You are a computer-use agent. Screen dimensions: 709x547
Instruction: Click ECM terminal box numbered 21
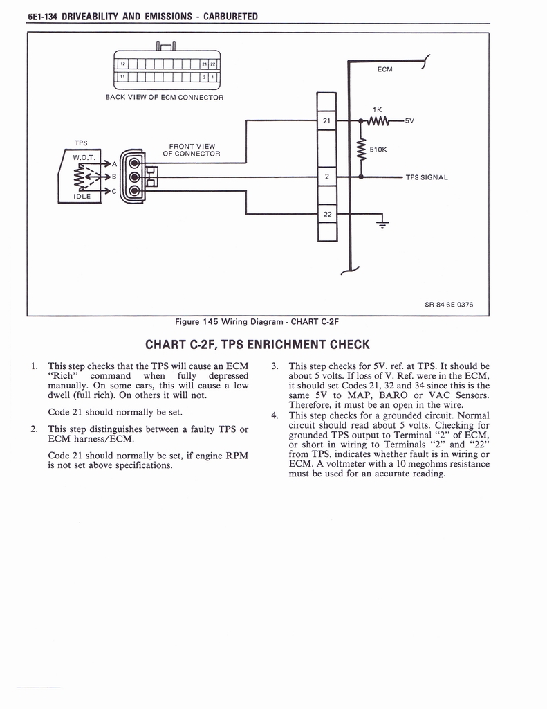click(x=326, y=121)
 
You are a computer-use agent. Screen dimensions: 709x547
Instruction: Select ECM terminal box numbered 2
click(x=326, y=177)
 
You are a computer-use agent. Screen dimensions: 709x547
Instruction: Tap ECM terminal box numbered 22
click(x=326, y=214)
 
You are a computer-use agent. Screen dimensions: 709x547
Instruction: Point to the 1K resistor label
click(x=378, y=109)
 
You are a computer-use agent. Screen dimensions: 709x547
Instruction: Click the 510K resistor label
click(x=378, y=149)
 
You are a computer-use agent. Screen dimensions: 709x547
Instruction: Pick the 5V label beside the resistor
click(x=409, y=121)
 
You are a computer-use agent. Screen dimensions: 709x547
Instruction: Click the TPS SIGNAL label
click(x=427, y=177)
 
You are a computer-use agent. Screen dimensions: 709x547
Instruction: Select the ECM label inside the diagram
click(x=385, y=69)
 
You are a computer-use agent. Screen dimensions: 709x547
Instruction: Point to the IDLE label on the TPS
click(x=82, y=197)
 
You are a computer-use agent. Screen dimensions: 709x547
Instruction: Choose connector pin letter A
click(x=114, y=164)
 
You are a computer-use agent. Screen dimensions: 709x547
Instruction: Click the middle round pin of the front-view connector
click(x=133, y=177)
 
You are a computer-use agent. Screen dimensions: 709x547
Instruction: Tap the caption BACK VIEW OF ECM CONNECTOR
click(x=165, y=98)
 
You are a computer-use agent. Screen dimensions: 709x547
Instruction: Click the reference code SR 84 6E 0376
click(x=449, y=305)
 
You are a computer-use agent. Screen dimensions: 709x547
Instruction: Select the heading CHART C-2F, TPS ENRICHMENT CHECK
click(x=258, y=344)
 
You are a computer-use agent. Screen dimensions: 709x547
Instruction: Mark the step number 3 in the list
click(x=275, y=366)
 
